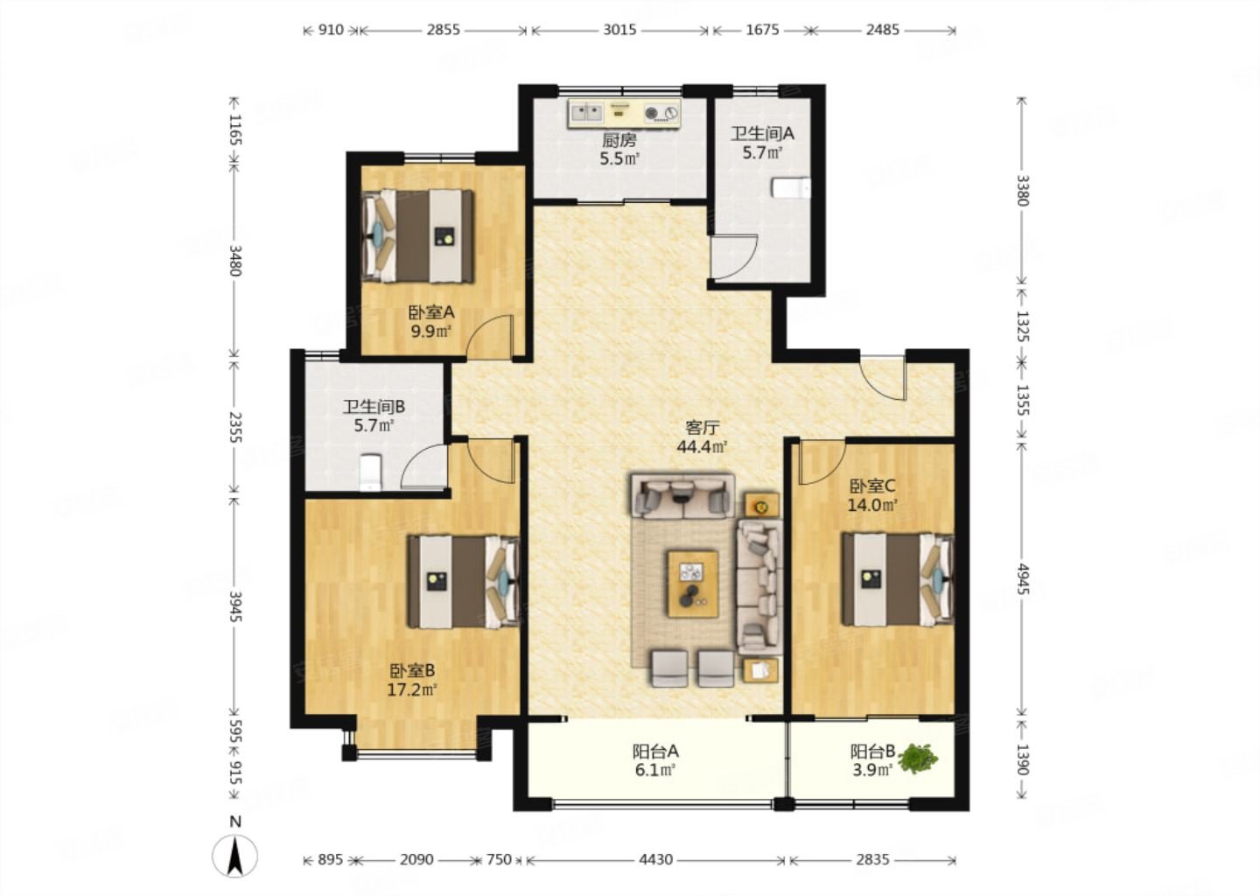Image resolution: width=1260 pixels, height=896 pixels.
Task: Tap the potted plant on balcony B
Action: point(917,759)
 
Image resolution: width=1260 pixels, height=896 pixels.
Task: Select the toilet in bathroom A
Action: point(791,188)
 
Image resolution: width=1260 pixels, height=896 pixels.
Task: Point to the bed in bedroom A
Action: point(417,235)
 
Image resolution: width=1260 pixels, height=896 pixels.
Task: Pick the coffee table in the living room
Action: point(693,584)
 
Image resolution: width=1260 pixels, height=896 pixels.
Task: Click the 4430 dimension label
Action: point(656,859)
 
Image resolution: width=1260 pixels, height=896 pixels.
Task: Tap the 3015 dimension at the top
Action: point(619,29)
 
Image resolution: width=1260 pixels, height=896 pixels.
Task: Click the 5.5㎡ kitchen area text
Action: point(619,158)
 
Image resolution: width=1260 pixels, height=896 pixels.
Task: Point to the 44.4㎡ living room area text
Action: point(702,446)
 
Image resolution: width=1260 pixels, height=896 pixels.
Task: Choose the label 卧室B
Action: point(412,670)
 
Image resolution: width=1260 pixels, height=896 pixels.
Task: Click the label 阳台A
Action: point(655,752)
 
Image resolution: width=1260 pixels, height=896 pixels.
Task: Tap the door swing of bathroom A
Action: point(734,256)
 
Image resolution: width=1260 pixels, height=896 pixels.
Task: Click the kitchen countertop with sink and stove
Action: point(625,113)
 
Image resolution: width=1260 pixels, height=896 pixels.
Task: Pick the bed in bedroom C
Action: point(898,580)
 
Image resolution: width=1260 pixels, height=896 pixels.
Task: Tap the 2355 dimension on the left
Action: point(235,427)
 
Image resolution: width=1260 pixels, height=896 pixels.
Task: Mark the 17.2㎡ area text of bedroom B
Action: point(412,689)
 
